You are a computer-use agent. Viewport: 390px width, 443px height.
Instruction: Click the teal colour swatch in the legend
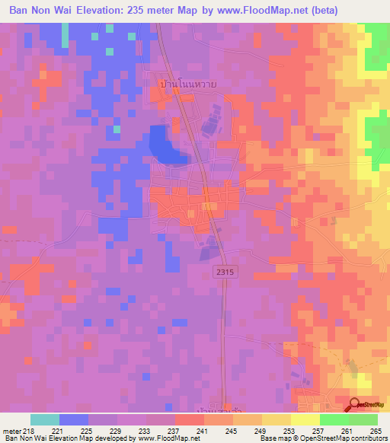point(45,419)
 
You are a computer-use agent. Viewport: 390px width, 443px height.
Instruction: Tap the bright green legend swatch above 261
point(334,419)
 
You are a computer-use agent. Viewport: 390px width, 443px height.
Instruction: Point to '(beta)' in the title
point(318,10)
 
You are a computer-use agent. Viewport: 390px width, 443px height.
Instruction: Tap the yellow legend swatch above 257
point(305,419)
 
